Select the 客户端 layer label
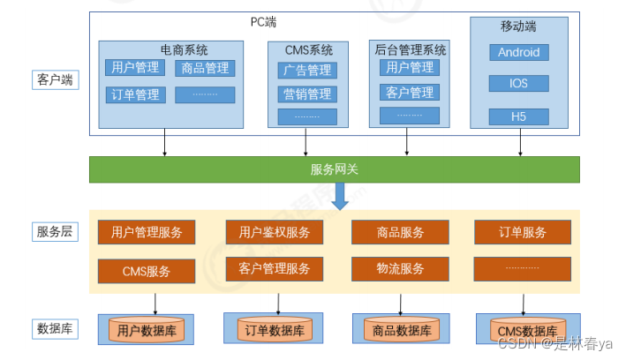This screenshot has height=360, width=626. point(55,80)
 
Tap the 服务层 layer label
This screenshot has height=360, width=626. point(55,232)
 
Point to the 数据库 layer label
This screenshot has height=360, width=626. point(55,329)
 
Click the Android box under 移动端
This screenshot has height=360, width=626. point(518,52)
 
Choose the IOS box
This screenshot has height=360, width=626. point(518,84)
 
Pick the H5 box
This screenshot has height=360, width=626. point(518,116)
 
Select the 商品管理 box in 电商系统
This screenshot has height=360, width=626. point(205,68)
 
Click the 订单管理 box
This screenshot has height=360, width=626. point(134,94)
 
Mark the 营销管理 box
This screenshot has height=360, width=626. point(307,94)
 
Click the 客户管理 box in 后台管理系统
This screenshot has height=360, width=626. point(410,92)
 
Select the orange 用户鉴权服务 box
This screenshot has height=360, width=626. point(275,233)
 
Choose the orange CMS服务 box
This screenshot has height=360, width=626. point(147,271)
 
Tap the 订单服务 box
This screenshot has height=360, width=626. point(523,233)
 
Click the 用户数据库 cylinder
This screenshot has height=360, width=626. point(147,331)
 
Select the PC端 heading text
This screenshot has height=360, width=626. point(263,22)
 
